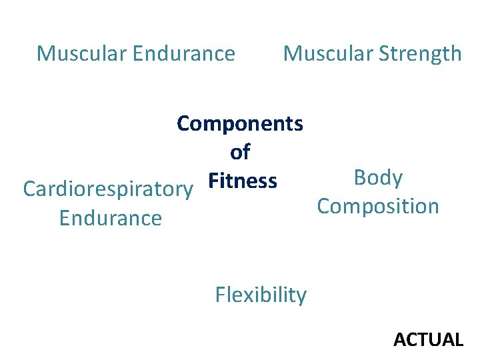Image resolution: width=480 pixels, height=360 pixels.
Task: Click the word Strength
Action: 421,53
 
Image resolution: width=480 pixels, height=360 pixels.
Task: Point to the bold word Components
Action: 240,124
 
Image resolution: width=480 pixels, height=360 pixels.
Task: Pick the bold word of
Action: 240,153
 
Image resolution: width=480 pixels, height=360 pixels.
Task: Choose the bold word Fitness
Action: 242,181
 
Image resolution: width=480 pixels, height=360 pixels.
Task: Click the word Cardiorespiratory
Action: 107,190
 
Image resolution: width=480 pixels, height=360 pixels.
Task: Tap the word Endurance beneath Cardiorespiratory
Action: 111,218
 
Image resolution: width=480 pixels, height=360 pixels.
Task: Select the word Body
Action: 378,178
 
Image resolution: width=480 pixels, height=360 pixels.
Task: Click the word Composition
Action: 378,206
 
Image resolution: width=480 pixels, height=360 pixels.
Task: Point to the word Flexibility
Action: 261,295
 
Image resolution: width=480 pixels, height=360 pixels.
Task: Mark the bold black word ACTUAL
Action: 428,340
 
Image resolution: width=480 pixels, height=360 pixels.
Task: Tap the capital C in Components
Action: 185,124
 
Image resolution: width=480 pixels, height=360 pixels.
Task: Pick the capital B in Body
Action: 361,178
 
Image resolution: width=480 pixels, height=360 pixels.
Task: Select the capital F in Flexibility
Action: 221,295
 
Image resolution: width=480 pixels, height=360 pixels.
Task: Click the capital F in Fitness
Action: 213,181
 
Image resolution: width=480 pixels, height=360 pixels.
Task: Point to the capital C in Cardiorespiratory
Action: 30,189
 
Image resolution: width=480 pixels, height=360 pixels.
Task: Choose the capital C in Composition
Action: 325,206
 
